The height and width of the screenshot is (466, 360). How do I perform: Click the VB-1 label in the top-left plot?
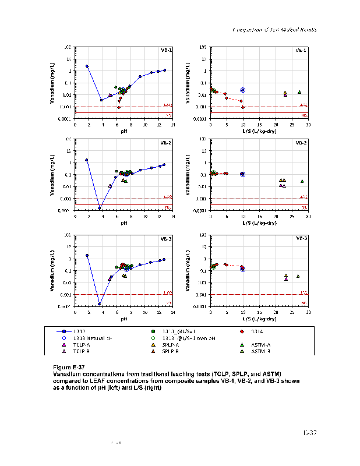(x=166, y=51)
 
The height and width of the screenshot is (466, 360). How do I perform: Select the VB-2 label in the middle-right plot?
(x=301, y=143)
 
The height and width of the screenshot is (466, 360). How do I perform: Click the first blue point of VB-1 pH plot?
(x=87, y=66)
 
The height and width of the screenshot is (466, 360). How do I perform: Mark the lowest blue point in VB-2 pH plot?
(x=100, y=208)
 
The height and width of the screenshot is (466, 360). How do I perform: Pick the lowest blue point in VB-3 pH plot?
(x=100, y=303)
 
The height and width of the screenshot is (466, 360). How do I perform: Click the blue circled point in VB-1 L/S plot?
(x=243, y=90)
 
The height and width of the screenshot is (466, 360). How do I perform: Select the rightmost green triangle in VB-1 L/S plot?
(x=299, y=92)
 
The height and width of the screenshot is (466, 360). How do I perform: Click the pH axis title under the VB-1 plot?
(x=123, y=131)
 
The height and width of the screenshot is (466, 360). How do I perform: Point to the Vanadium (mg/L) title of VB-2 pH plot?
(x=62, y=174)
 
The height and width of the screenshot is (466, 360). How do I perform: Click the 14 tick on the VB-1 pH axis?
(x=172, y=124)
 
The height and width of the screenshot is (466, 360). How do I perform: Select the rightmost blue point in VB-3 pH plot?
(x=164, y=260)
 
